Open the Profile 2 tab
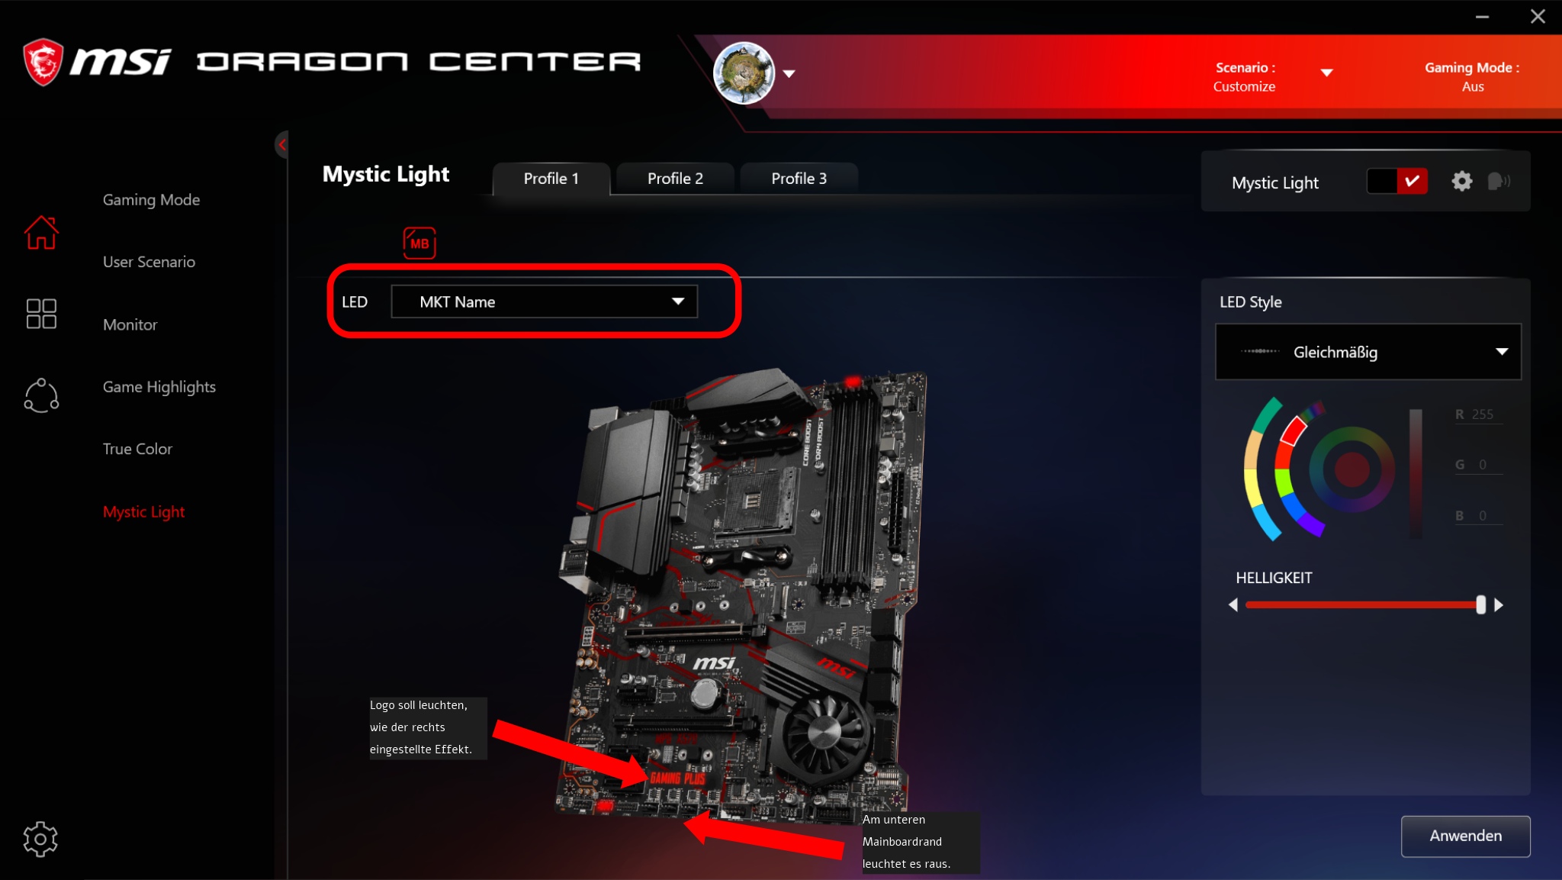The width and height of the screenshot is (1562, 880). click(675, 179)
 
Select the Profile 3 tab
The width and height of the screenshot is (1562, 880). click(799, 179)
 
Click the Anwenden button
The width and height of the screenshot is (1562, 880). click(1465, 836)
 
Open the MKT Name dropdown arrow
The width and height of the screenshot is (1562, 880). click(677, 301)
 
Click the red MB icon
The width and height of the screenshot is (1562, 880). click(419, 243)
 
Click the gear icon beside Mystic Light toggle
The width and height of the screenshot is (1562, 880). click(1461, 182)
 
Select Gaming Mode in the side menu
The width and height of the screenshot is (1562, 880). click(151, 200)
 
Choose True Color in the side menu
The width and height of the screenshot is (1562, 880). click(137, 449)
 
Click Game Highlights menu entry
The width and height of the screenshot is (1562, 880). click(159, 387)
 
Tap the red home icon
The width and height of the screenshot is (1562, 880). click(41, 233)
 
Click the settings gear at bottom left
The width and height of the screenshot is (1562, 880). click(40, 840)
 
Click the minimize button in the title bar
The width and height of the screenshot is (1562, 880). click(1482, 17)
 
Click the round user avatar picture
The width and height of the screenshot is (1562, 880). click(744, 73)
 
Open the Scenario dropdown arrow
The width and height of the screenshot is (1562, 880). click(1326, 73)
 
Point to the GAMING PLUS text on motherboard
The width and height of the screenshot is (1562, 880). click(677, 778)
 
